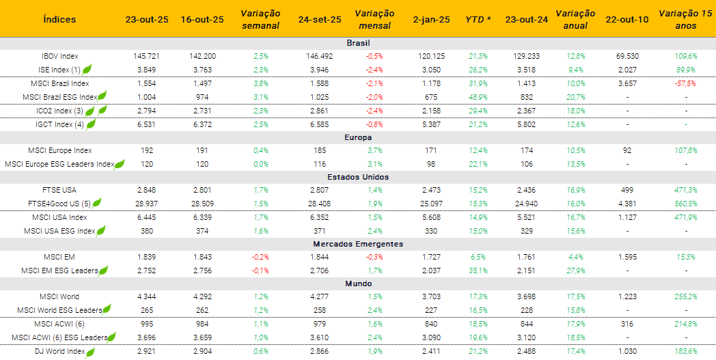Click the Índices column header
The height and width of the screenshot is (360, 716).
(59, 19)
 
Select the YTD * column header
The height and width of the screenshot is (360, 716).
(478, 19)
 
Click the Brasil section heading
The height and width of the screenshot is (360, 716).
(358, 43)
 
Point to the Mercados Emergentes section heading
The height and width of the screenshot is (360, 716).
(358, 244)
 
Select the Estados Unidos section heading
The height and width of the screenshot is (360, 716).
(358, 177)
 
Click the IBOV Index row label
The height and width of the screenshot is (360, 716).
(59, 56)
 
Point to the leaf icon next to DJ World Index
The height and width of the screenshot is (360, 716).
(90, 352)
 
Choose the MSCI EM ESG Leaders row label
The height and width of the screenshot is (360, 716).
(59, 271)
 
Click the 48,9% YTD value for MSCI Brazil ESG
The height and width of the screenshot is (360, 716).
(478, 97)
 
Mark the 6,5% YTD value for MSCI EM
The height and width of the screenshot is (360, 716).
(478, 257)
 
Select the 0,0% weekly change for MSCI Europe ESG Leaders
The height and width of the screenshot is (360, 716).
(260, 164)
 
